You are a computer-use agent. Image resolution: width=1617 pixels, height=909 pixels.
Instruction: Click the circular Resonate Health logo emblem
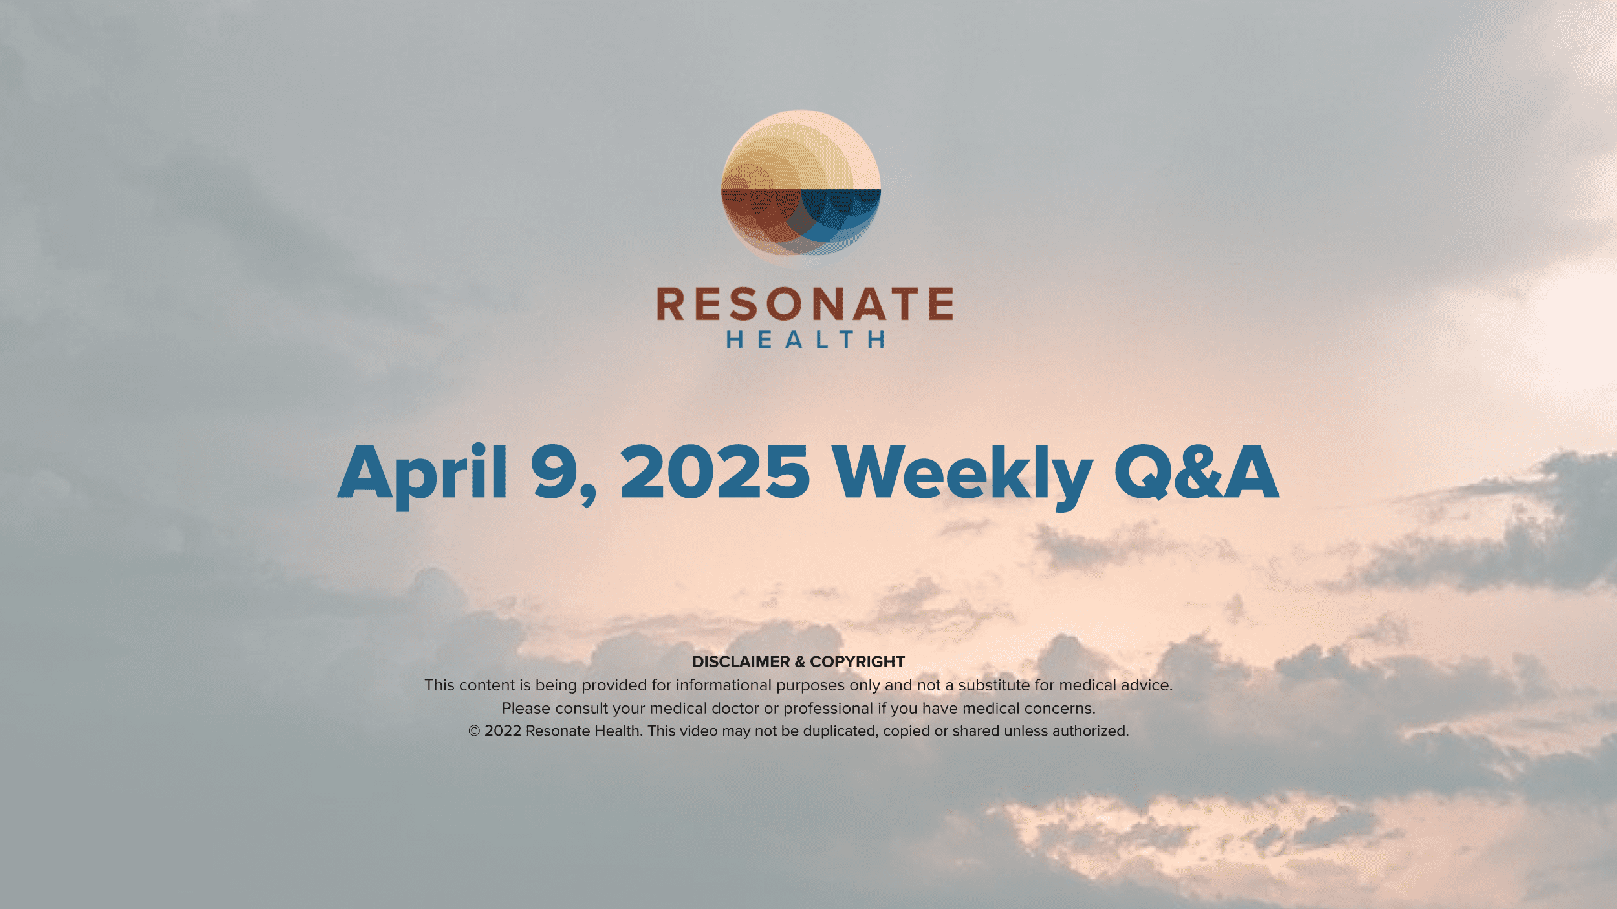coord(801,189)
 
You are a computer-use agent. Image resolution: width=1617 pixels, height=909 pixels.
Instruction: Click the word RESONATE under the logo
coord(805,304)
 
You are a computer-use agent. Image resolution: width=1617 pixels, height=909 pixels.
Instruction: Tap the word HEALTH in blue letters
coord(805,339)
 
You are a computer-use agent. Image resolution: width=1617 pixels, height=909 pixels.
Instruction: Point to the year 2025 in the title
coord(715,473)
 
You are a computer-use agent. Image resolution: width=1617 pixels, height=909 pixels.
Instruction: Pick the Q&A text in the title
coord(1197,473)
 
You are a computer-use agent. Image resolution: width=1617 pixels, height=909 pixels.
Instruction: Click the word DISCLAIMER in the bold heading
coord(741,661)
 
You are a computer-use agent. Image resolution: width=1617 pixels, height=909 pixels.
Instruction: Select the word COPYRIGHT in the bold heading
coord(857,661)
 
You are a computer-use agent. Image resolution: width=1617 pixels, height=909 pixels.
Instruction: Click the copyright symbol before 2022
coord(474,731)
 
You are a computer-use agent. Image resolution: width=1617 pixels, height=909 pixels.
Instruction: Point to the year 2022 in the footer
coord(503,731)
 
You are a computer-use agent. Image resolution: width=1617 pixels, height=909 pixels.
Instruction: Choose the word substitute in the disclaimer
coord(993,685)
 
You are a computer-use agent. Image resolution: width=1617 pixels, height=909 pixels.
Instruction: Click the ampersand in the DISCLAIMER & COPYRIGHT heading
coord(800,661)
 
